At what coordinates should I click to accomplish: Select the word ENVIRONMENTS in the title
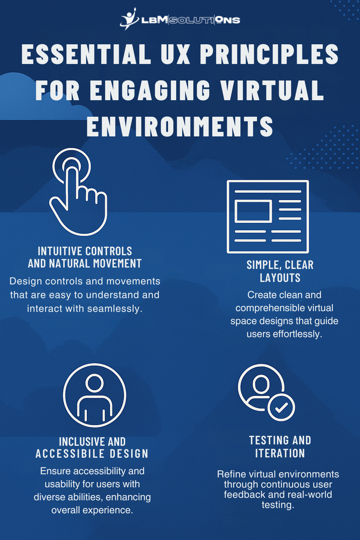point(180,126)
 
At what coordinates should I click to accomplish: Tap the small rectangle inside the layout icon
point(253,211)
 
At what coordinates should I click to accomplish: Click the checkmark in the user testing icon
point(281,407)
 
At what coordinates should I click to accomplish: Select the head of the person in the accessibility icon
point(95,383)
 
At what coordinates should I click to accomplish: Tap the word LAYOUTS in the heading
point(280,278)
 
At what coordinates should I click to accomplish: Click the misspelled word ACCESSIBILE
point(70,454)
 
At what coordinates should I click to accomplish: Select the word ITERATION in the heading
point(280,453)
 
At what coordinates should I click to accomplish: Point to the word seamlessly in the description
point(115,309)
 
